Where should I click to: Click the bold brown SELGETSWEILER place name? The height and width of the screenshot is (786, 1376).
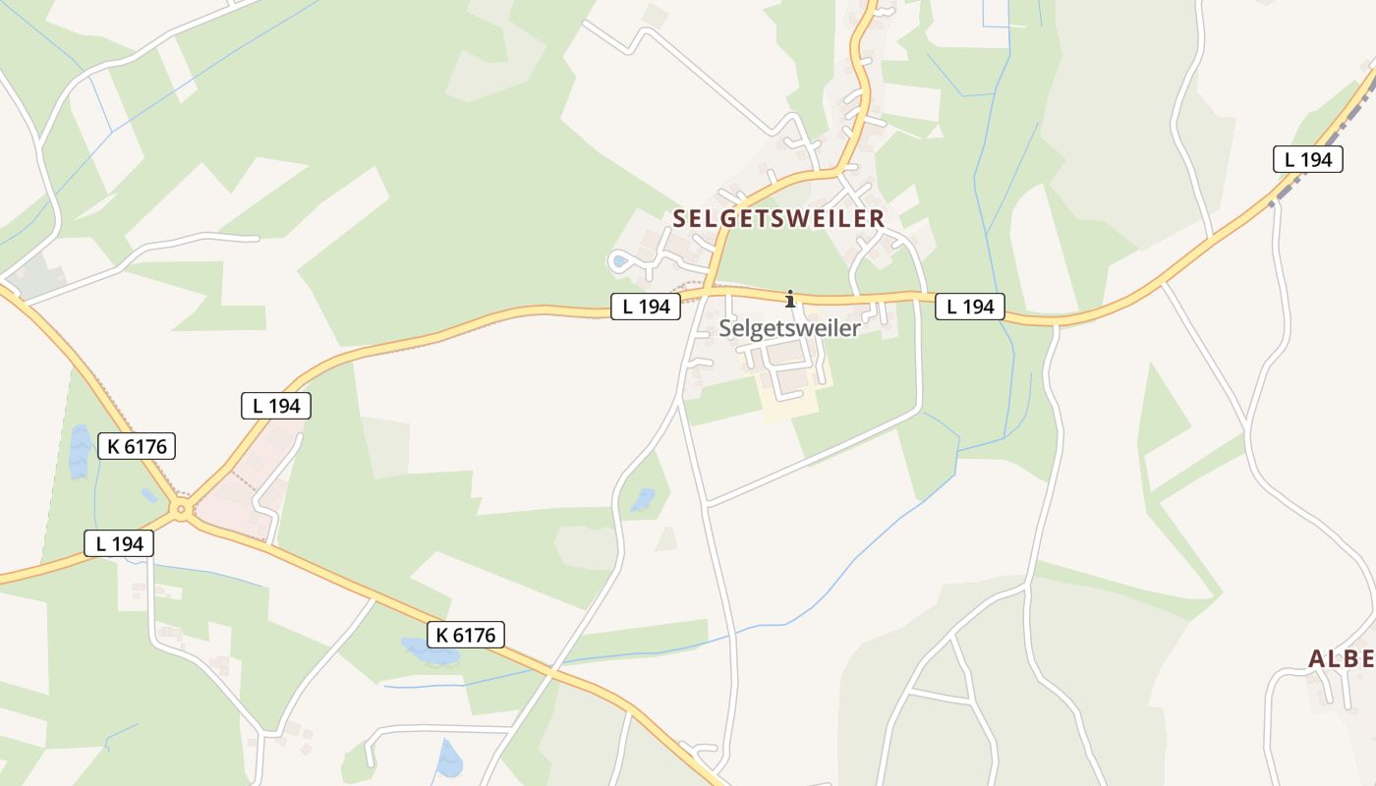click(x=778, y=218)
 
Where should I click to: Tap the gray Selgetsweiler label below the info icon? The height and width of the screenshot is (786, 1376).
click(x=789, y=328)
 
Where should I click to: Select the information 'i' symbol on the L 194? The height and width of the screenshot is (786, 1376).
click(x=789, y=299)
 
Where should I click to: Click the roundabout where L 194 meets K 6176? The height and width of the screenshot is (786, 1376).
click(x=180, y=510)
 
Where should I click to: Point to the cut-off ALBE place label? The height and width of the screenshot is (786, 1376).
click(x=1341, y=659)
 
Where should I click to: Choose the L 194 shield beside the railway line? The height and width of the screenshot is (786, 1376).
click(x=1307, y=159)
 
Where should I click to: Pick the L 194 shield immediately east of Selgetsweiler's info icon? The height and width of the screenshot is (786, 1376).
click(x=970, y=307)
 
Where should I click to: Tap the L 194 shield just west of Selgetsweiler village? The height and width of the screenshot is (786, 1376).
click(x=646, y=307)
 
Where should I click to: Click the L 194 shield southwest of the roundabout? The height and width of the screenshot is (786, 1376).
click(x=119, y=543)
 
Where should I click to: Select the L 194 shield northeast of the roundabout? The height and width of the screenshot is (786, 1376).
click(x=276, y=406)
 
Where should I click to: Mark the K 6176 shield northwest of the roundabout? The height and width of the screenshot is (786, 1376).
click(x=137, y=447)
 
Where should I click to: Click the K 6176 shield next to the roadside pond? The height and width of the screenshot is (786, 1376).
click(x=466, y=635)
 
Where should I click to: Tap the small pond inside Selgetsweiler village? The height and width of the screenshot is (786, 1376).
click(x=619, y=261)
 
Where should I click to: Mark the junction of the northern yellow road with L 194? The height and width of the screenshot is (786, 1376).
click(x=708, y=291)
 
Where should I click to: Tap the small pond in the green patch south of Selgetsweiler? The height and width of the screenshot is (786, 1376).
click(x=643, y=501)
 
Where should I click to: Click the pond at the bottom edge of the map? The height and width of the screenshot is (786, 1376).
click(x=448, y=758)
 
